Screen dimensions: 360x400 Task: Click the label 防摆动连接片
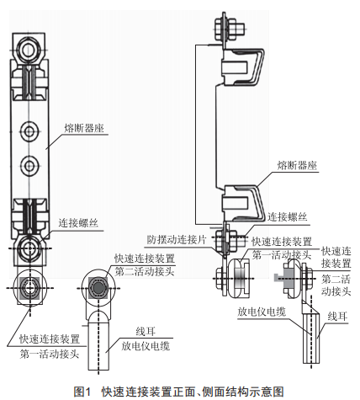177,240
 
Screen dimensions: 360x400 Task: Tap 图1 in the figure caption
82,392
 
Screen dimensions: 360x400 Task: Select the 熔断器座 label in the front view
84,128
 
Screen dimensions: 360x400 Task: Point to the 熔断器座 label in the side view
297,165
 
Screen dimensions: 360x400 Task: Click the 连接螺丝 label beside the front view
78,223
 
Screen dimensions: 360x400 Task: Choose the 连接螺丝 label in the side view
287,217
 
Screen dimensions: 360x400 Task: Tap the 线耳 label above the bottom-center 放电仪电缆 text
146,332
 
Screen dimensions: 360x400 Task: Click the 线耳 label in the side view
337,317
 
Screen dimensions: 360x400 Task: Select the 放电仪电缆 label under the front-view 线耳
146,346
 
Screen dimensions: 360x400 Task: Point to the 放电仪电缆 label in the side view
262,312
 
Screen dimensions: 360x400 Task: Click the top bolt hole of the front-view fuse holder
29,51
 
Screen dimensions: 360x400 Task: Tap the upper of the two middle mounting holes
29,131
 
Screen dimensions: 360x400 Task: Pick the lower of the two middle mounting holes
29,165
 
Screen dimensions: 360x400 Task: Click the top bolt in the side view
229,29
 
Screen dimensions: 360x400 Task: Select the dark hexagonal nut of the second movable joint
98,287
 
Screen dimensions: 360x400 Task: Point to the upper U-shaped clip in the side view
243,67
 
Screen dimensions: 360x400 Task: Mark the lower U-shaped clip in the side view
243,203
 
